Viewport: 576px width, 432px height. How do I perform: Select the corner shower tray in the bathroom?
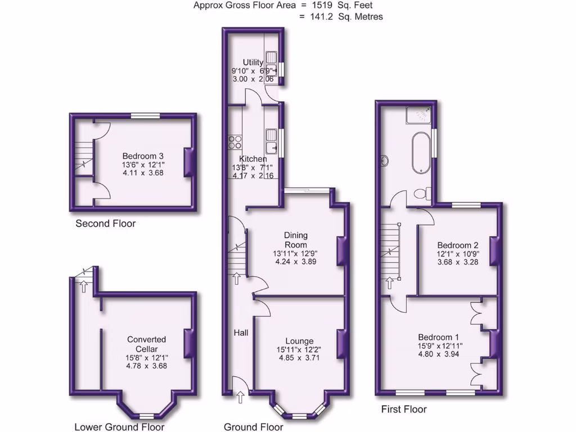(421, 116)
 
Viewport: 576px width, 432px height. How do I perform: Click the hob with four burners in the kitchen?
(235, 141)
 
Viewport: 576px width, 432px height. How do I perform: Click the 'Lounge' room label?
(299, 341)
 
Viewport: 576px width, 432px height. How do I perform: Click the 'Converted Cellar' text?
(146, 344)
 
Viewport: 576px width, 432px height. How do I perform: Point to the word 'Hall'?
(241, 333)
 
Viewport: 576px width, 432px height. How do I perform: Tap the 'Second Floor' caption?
(106, 224)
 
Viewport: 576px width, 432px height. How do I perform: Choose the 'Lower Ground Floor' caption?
(119, 427)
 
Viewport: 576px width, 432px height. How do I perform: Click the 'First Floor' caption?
(404, 409)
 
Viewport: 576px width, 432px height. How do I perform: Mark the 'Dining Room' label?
(296, 240)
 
